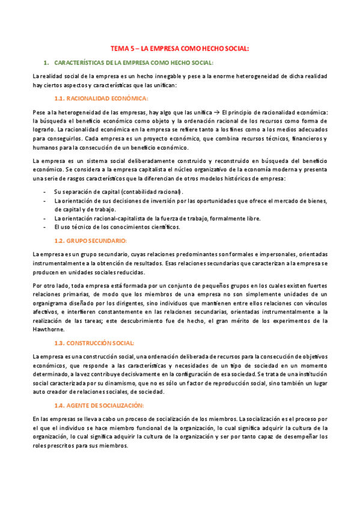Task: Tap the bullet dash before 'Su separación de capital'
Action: (46, 191)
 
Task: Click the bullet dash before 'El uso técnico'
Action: (46, 227)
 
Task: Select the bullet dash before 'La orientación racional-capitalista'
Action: (46, 218)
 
